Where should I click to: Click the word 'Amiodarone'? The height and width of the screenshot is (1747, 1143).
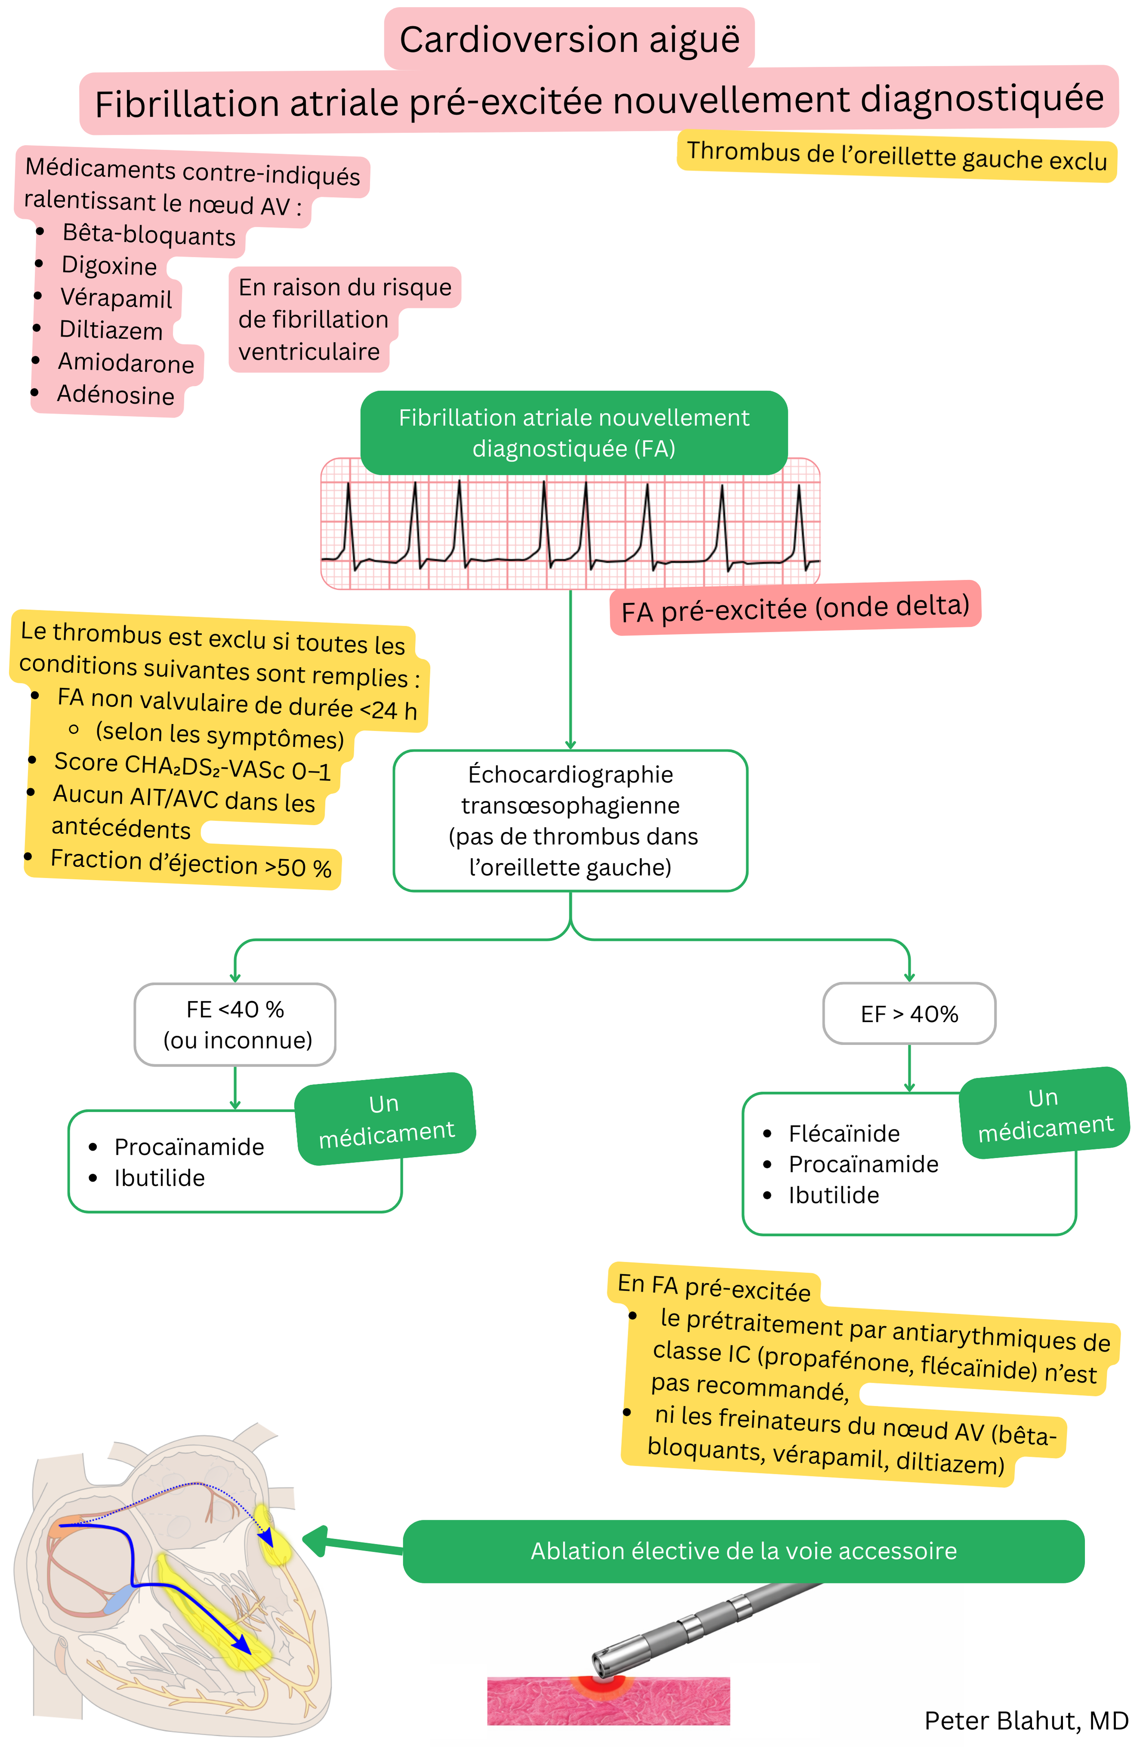pyautogui.click(x=126, y=363)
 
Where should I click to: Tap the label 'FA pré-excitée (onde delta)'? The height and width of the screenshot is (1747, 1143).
pyautogui.click(x=794, y=608)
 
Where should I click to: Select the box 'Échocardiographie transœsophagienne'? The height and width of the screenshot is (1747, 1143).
pyautogui.click(x=570, y=821)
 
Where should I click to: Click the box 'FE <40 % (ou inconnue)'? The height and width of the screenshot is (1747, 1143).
pyautogui.click(x=235, y=1024)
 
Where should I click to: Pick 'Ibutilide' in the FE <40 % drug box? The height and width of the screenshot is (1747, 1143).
pyautogui.click(x=159, y=1177)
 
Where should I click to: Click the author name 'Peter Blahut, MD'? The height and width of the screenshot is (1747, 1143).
pyautogui.click(x=1026, y=1720)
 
